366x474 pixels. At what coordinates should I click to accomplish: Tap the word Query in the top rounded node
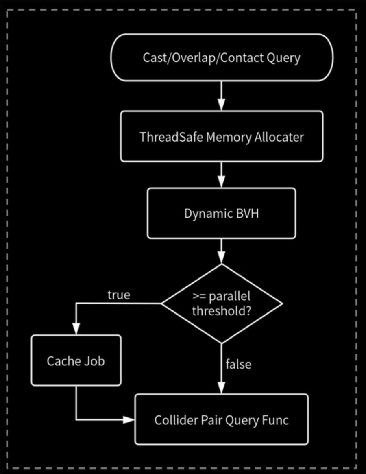tap(283, 58)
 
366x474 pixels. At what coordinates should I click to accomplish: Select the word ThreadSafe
tap(171, 137)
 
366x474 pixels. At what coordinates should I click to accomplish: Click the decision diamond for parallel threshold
tap(222, 304)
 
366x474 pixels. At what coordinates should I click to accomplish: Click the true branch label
tap(119, 295)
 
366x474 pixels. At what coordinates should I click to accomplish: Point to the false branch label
tap(238, 364)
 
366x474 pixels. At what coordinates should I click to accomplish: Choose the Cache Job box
tap(76, 360)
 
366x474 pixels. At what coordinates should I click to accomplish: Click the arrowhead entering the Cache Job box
tap(76, 329)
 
